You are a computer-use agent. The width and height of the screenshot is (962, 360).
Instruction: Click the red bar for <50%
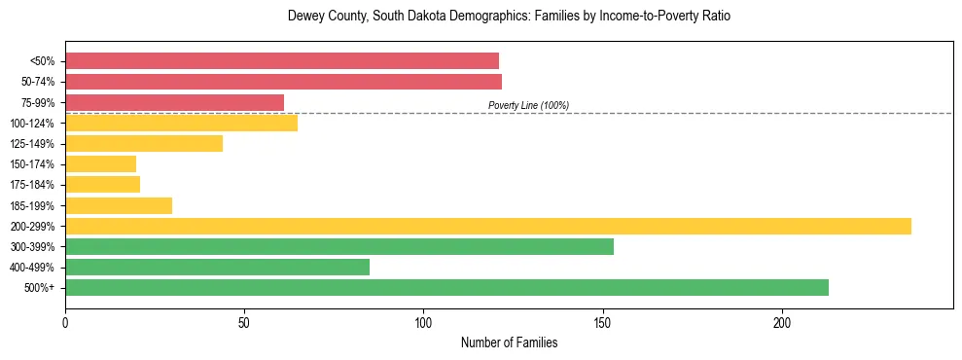click(x=282, y=61)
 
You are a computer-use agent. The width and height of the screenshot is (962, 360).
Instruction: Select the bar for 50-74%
click(x=283, y=82)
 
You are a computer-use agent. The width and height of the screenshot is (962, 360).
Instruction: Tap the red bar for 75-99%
click(x=174, y=102)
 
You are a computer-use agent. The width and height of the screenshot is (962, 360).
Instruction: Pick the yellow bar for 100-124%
click(x=181, y=123)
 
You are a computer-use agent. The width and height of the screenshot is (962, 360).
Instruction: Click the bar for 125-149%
click(x=144, y=143)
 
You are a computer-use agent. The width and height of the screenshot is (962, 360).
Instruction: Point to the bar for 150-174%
click(x=101, y=164)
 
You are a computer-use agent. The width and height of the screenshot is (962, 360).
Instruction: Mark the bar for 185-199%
click(x=119, y=205)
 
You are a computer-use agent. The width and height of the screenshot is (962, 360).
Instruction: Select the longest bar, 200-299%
click(x=488, y=226)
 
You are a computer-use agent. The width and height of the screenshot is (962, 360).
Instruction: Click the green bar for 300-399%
click(x=339, y=246)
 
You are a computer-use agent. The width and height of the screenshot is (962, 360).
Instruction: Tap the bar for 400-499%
click(x=217, y=267)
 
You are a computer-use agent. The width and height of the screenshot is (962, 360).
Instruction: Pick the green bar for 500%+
click(x=446, y=287)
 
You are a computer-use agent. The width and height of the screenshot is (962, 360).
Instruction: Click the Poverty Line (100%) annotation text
click(x=528, y=105)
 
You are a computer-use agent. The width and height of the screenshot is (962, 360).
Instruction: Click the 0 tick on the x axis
click(x=65, y=321)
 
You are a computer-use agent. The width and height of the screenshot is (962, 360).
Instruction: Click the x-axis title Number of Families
click(x=509, y=342)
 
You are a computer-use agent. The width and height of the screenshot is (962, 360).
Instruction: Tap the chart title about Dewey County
click(x=509, y=17)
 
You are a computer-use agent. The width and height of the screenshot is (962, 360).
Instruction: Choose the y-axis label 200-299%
click(x=37, y=227)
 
